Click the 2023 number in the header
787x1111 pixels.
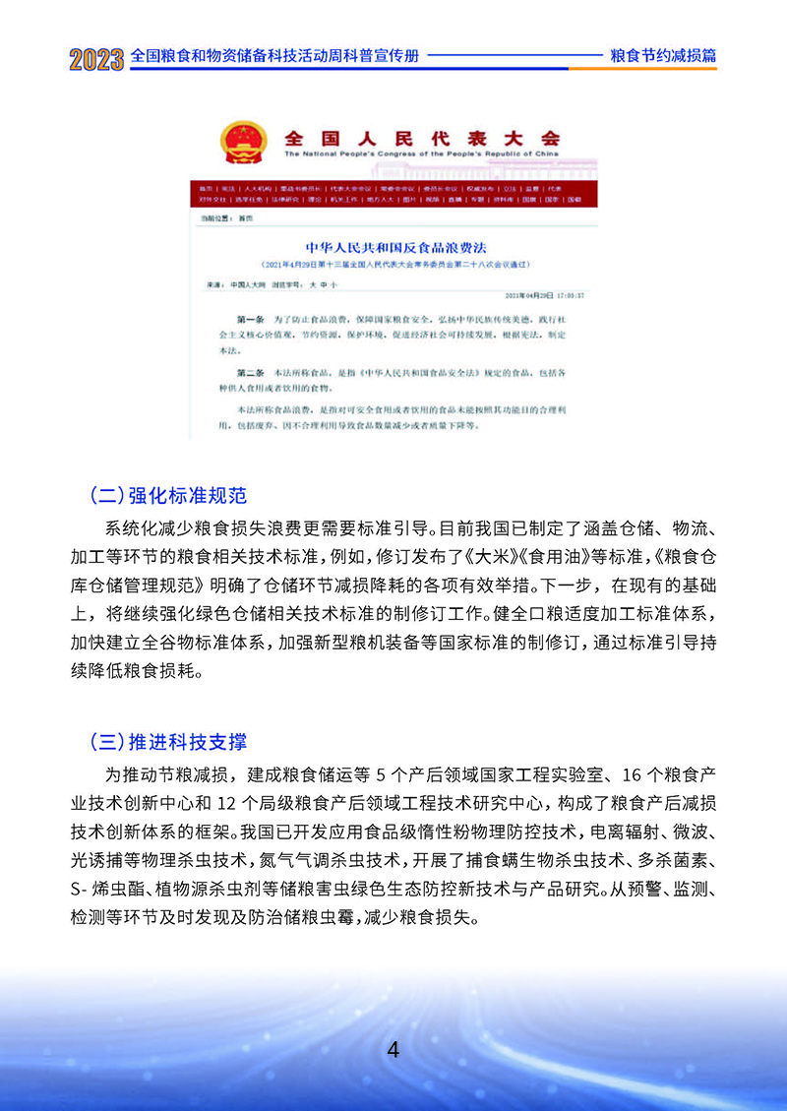point(96,58)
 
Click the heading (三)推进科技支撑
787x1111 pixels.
point(174,740)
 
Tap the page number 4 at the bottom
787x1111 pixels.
point(393,1049)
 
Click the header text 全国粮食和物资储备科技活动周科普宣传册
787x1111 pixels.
point(274,56)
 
